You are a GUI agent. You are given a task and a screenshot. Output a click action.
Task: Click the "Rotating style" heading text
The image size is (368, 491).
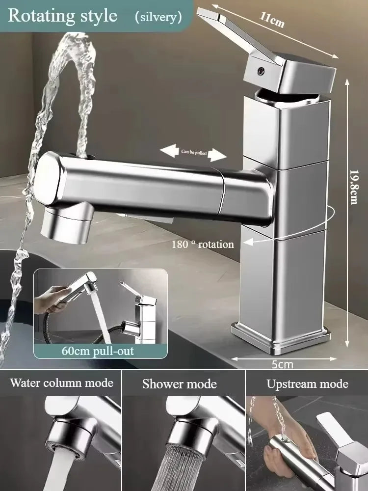tap(63, 16)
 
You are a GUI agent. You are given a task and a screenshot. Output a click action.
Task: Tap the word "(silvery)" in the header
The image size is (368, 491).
tap(158, 17)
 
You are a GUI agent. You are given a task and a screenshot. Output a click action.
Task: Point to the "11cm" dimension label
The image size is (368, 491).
tap(272, 20)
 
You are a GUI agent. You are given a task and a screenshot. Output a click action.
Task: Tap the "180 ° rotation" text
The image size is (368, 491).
tap(202, 244)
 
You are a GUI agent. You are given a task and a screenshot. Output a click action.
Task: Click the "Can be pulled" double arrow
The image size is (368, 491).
tap(194, 152)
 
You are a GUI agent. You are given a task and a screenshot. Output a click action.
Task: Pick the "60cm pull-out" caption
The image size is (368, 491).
tap(98, 351)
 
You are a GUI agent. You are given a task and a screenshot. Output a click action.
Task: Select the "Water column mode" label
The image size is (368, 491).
tap(62, 383)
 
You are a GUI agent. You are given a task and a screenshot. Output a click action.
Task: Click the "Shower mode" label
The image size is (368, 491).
tap(180, 384)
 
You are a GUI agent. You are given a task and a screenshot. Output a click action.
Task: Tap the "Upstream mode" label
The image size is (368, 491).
tap(308, 384)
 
